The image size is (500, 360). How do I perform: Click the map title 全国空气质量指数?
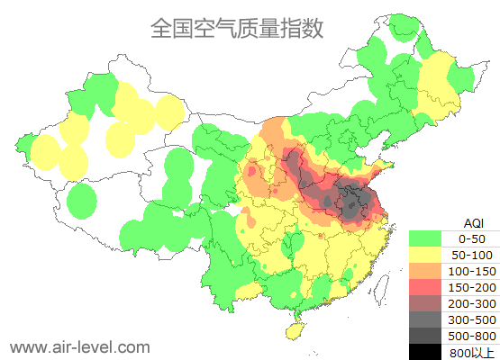point(236,29)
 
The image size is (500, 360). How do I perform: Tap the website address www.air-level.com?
point(79,346)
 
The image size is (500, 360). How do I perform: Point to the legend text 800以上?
point(472,351)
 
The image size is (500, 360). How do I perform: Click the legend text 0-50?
point(472,238)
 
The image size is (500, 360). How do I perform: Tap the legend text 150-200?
point(472,287)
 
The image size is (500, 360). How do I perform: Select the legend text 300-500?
point(472,319)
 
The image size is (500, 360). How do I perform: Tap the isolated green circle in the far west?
point(82,201)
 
